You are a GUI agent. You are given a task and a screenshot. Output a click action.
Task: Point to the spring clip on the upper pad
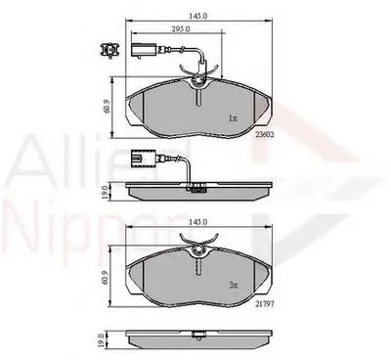coord(199,88)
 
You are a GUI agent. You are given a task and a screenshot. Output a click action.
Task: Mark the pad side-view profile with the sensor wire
coord(199,186)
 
